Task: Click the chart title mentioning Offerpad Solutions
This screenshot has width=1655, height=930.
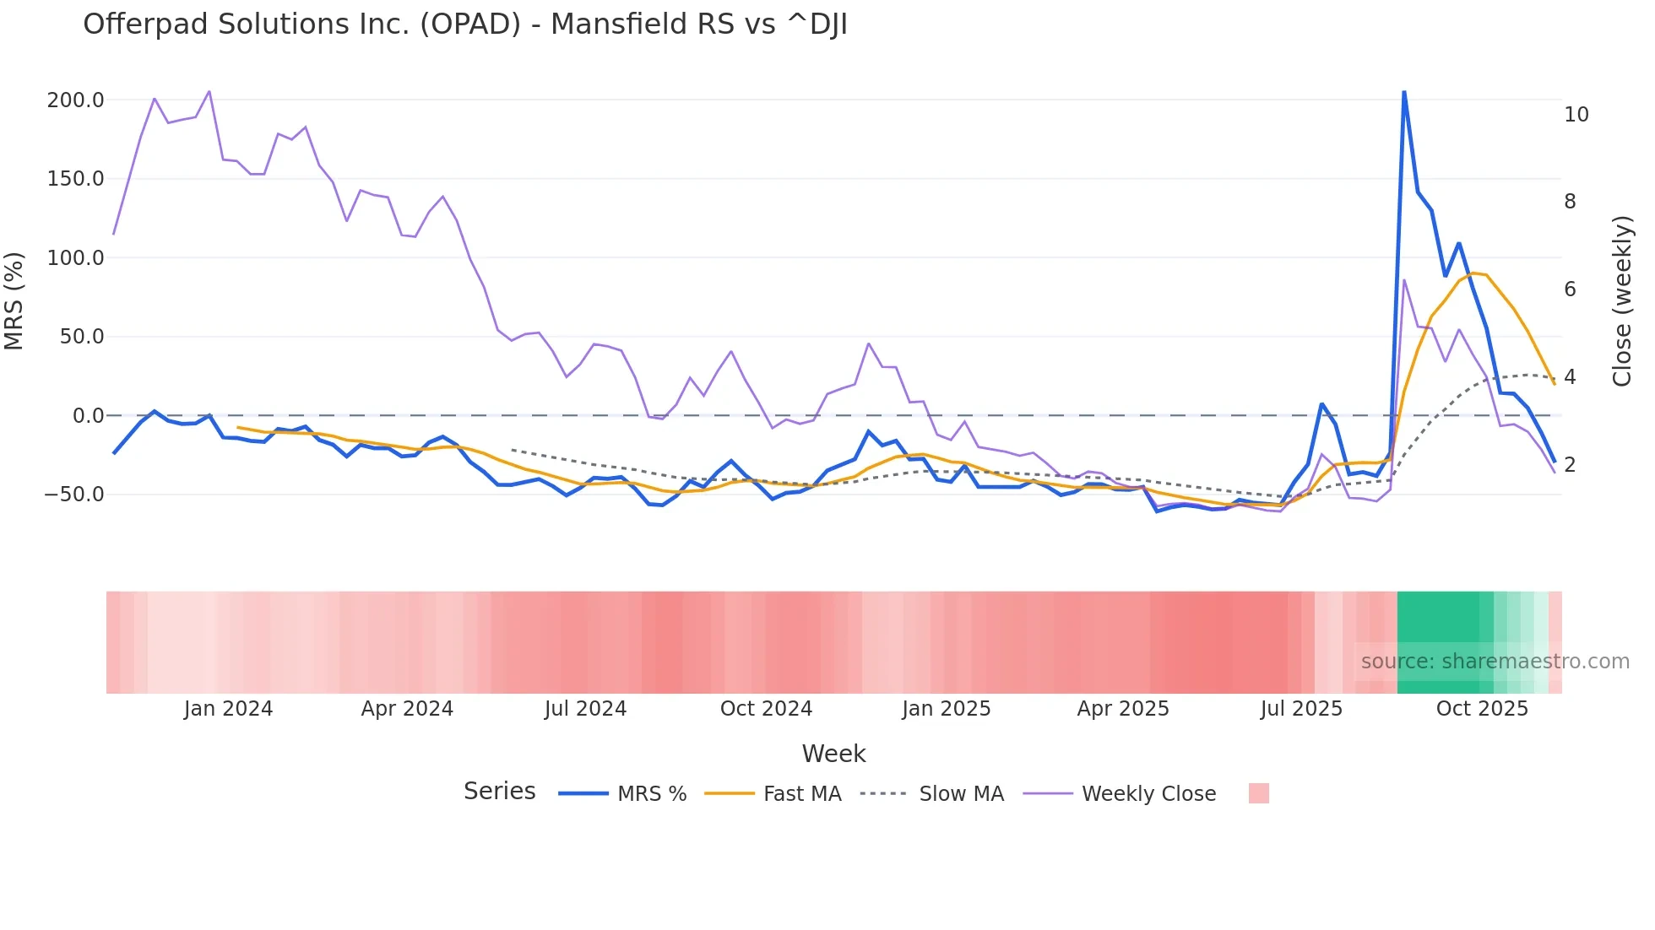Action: point(465,24)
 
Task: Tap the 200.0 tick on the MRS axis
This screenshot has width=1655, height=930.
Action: point(75,100)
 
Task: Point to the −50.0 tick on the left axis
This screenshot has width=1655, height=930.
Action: point(73,495)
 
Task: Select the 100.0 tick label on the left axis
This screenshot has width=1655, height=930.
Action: point(75,258)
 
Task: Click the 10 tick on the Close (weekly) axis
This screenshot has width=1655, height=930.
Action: point(1576,115)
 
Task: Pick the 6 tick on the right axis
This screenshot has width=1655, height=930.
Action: point(1570,289)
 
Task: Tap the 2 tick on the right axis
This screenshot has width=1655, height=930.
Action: point(1570,465)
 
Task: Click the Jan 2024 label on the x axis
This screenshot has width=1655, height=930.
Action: point(228,709)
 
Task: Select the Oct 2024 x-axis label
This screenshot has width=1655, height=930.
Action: point(766,709)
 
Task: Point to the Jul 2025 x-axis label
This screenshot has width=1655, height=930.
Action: point(1301,709)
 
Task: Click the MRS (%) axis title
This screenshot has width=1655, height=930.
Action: point(14,301)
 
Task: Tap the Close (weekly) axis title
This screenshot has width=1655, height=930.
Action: point(1622,301)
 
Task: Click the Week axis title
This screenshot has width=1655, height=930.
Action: point(833,754)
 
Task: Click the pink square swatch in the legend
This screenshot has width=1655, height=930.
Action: point(1258,793)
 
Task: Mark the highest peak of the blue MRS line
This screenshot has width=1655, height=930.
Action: point(1403,92)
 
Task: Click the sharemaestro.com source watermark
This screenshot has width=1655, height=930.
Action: point(1495,662)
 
